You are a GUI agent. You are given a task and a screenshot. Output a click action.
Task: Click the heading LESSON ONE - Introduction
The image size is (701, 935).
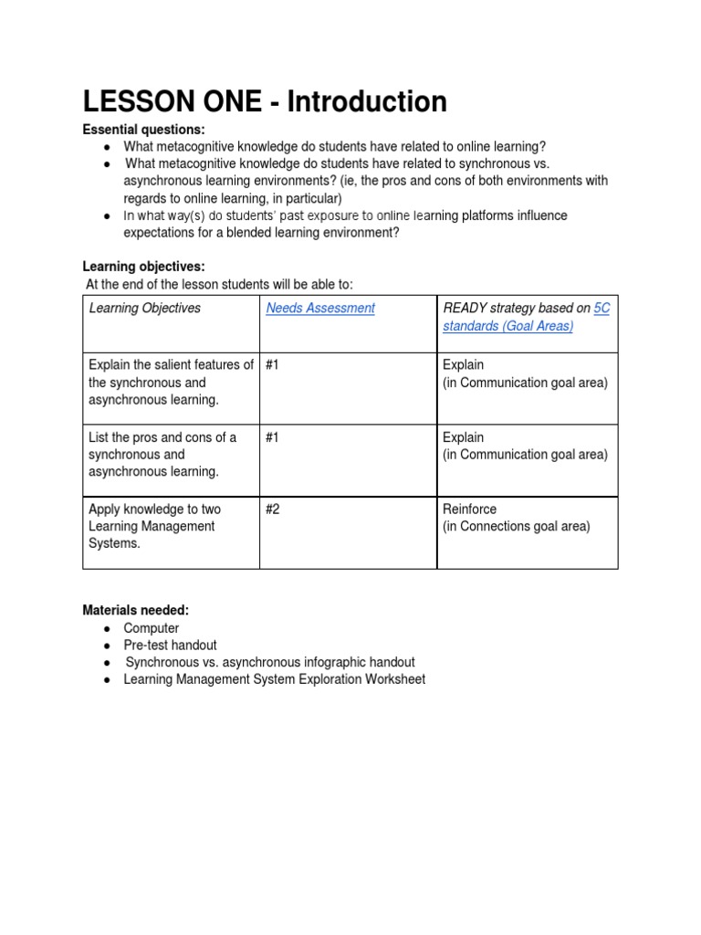point(265,101)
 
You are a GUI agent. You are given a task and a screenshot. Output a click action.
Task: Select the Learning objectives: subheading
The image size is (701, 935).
point(144,267)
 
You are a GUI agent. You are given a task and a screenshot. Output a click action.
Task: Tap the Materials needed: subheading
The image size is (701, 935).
point(136,610)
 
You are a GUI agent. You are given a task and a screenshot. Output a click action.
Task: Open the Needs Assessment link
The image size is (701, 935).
point(319,309)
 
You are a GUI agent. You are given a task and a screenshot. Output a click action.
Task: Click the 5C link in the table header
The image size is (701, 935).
point(602,309)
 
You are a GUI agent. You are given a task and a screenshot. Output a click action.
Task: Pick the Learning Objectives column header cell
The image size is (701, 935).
point(144,309)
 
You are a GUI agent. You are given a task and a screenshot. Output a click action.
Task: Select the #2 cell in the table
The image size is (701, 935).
point(273,509)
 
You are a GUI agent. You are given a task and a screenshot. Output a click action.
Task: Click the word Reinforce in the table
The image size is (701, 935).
point(469,509)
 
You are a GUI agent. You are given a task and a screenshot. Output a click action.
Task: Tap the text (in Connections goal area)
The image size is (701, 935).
point(516,526)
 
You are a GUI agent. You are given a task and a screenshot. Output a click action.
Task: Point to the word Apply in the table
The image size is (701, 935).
point(103,509)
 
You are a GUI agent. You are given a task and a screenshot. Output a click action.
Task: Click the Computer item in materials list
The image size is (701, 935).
point(152,628)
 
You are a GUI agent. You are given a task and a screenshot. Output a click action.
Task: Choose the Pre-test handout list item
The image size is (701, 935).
point(170,646)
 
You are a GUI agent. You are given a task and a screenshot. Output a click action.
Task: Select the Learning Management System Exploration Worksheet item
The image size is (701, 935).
point(274,679)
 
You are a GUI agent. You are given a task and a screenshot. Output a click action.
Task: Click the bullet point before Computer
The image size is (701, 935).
point(108,629)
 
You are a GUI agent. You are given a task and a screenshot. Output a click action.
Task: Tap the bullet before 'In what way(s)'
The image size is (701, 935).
point(108,216)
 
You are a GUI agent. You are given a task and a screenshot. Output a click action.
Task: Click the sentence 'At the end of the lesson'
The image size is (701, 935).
point(218,284)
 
